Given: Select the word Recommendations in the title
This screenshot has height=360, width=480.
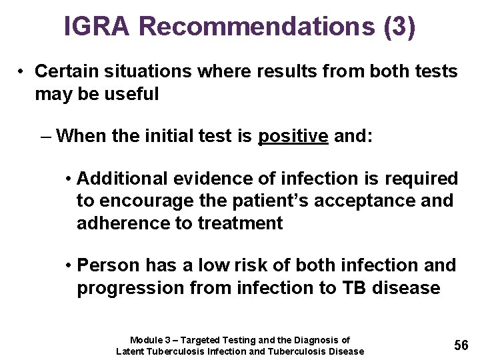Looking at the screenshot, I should pos(256,26).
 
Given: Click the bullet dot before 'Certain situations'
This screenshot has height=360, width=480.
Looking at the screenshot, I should pos(22,71).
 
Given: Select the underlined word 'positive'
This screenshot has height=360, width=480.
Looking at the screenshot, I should pos(293,137).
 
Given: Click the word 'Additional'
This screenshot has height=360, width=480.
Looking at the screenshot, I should pos(123,179).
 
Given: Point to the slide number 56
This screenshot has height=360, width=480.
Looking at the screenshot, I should pos(461,345).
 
